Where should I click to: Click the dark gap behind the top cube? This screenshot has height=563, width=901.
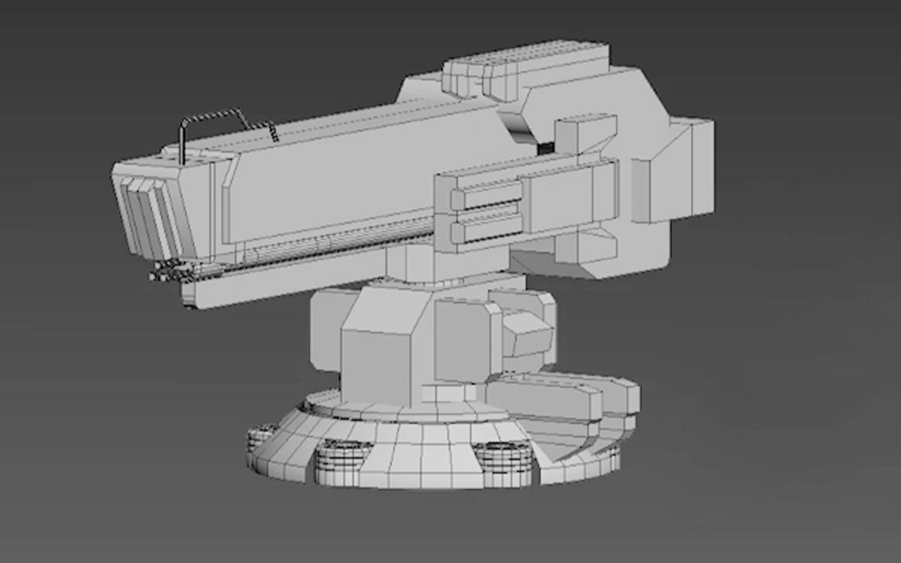tap(544, 148)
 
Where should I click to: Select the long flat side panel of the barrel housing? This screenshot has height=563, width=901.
tap(330, 181)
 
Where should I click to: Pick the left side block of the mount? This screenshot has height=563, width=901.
tap(324, 330)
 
